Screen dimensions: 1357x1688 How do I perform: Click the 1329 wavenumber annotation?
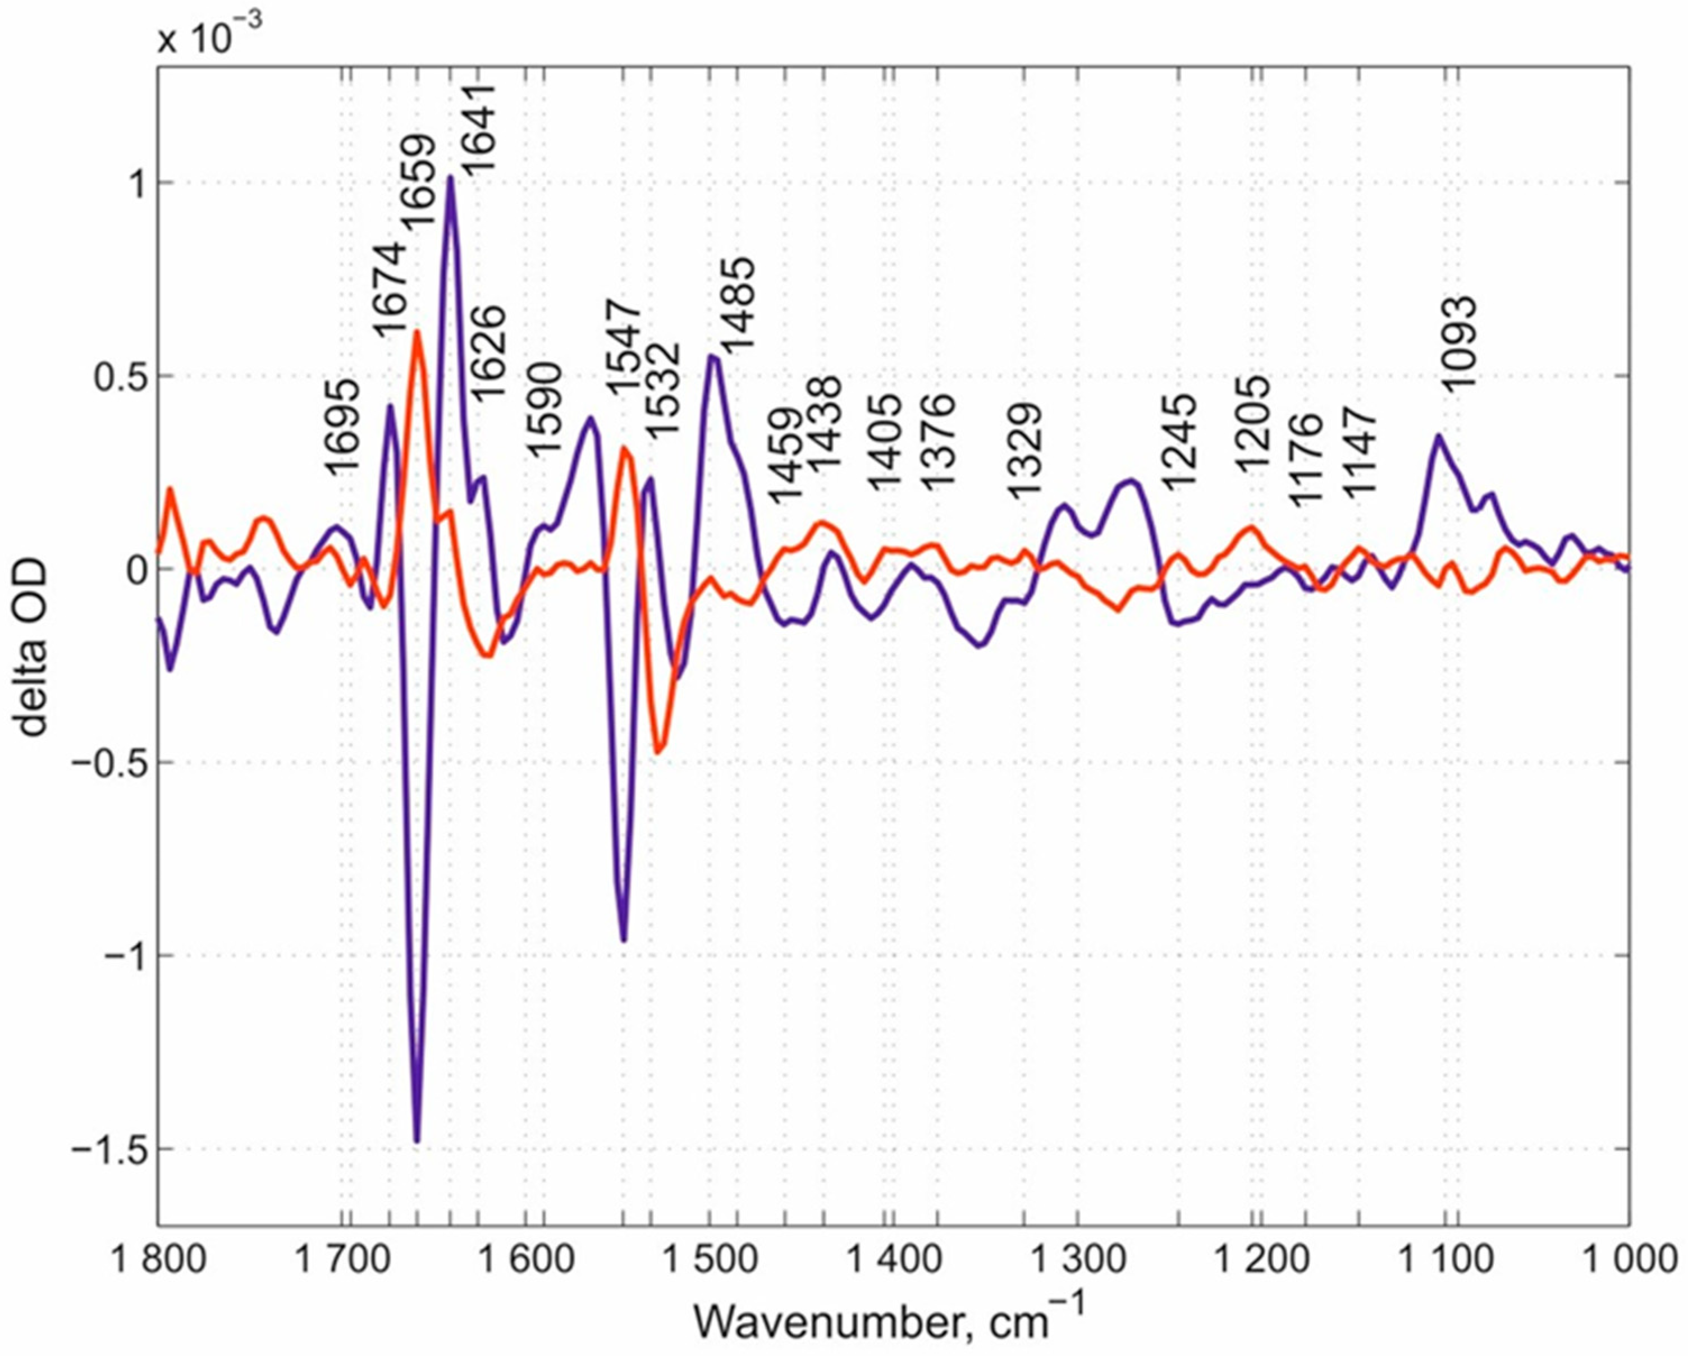[1024, 452]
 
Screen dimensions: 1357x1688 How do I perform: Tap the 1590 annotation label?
[544, 409]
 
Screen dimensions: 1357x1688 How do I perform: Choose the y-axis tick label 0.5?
[117, 377]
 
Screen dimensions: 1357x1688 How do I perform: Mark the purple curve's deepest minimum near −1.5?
[417, 1141]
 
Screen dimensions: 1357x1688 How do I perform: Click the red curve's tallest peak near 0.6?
[417, 333]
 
